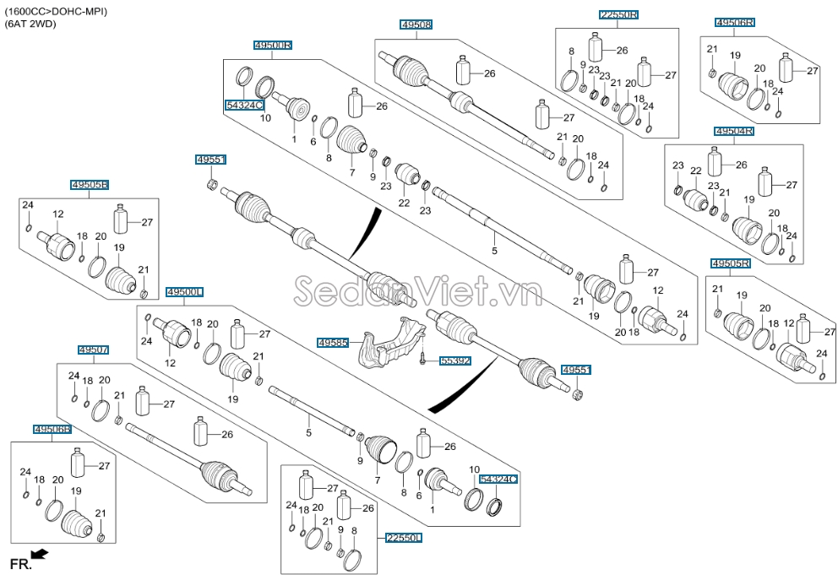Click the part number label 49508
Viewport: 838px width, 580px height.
[x=416, y=24]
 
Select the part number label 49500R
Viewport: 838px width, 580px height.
[x=273, y=46]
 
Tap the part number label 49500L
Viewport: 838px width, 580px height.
[x=185, y=292]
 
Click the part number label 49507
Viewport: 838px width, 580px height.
[x=94, y=350]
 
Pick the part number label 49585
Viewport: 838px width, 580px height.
[x=333, y=342]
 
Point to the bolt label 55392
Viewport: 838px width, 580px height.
[x=455, y=361]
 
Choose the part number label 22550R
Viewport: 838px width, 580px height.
[x=619, y=14]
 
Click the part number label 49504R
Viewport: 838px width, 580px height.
[x=734, y=131]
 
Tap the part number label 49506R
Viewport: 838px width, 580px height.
[x=735, y=22]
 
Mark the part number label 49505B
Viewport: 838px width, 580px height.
[x=90, y=185]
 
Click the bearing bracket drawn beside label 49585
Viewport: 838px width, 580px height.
[x=392, y=343]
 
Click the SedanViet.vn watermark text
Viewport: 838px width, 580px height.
[x=418, y=291]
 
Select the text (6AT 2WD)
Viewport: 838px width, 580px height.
[x=30, y=24]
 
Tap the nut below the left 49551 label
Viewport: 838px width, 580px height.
[x=211, y=185]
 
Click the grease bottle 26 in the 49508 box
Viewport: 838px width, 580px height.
[x=464, y=70]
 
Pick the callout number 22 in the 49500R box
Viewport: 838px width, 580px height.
[x=404, y=203]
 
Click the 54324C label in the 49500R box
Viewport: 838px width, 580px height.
[x=245, y=106]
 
